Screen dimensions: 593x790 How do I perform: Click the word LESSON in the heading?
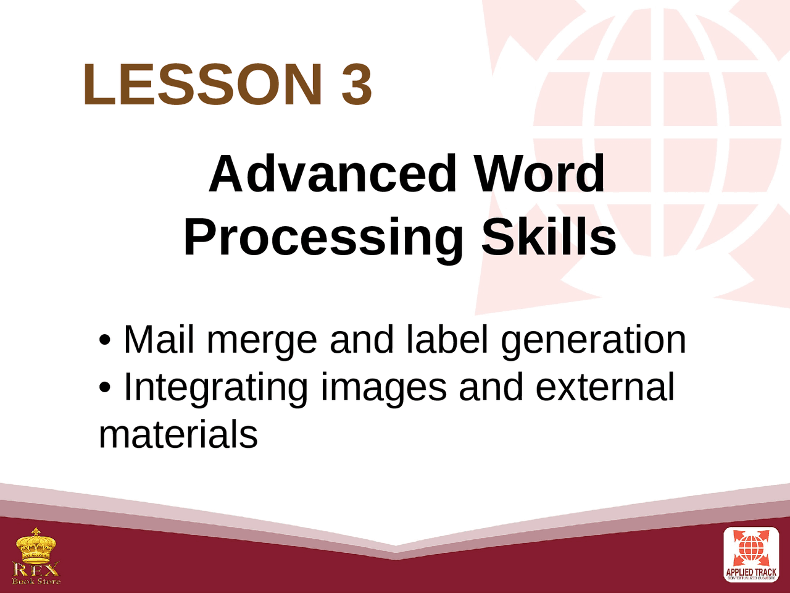pos(202,84)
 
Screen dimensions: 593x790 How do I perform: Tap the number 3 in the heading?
pos(357,84)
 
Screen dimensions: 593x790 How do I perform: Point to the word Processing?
pos(323,238)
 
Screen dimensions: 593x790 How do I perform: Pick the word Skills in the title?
pos(549,237)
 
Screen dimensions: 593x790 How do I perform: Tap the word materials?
pos(178,434)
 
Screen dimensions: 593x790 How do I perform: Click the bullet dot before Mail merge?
pos(105,341)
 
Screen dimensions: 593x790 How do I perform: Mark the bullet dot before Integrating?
pos(105,389)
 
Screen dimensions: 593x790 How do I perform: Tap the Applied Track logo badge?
pos(751,555)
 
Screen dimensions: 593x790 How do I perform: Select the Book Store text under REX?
pos(36,581)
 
